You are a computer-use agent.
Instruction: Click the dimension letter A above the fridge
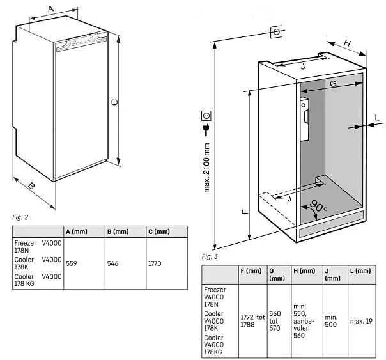point(50,9)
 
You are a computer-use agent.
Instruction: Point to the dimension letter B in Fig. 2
point(30,187)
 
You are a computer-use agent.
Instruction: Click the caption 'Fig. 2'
point(20,217)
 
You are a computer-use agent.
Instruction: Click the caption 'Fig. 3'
point(210,256)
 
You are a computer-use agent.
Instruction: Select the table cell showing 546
point(112,263)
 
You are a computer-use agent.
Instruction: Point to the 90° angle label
point(318,207)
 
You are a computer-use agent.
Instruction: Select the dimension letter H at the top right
point(347,43)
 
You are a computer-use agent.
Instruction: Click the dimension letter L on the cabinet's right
point(377,117)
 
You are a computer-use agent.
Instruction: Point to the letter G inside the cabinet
point(333,84)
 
